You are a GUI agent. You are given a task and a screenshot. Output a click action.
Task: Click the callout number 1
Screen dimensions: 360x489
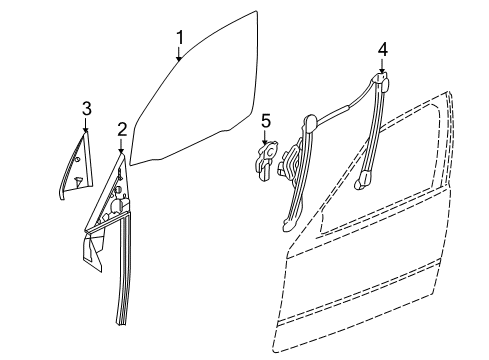pyautogui.click(x=181, y=38)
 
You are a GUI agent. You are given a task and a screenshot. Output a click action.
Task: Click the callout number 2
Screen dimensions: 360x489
pyautogui.click(x=122, y=128)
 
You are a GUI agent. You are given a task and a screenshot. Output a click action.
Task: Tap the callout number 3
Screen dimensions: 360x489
pyautogui.click(x=87, y=108)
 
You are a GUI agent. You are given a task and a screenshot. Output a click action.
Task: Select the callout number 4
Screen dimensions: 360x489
pyautogui.click(x=383, y=48)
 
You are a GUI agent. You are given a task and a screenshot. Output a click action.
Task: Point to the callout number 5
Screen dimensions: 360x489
pyautogui.click(x=266, y=121)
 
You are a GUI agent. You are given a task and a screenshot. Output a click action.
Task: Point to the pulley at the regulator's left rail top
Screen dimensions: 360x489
pyautogui.click(x=310, y=123)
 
